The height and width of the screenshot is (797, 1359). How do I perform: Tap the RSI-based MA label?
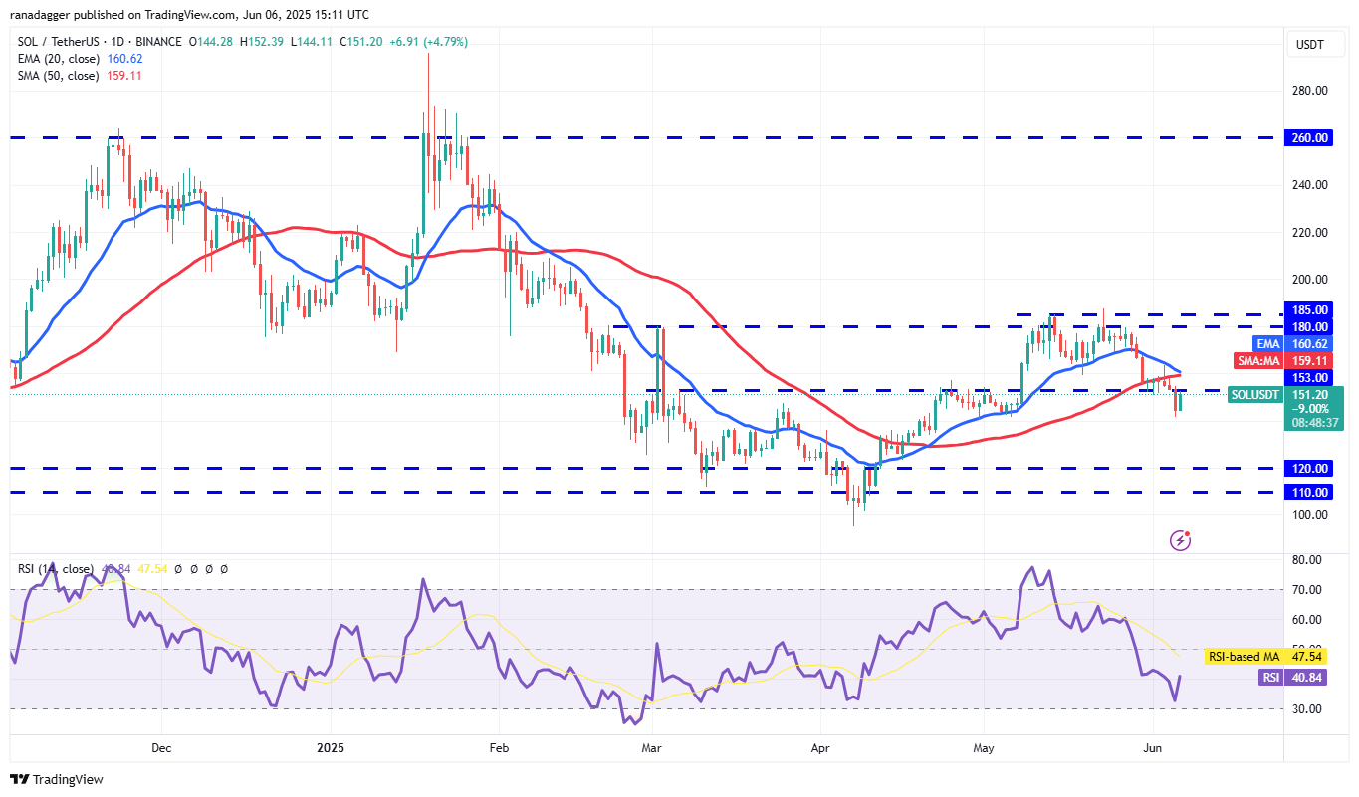tap(1242, 657)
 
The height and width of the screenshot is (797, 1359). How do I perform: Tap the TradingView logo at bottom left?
tap(57, 779)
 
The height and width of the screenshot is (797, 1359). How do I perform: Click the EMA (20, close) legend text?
tap(59, 59)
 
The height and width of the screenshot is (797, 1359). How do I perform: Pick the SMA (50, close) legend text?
tap(59, 76)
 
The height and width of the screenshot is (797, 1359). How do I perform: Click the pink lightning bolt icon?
tap(1180, 540)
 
